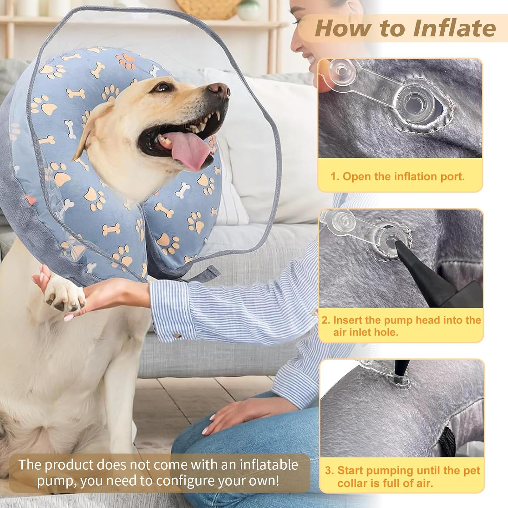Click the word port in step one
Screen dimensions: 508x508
click(x=449, y=176)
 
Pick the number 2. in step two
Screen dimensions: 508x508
click(x=326, y=320)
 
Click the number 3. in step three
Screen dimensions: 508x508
click(x=329, y=470)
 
